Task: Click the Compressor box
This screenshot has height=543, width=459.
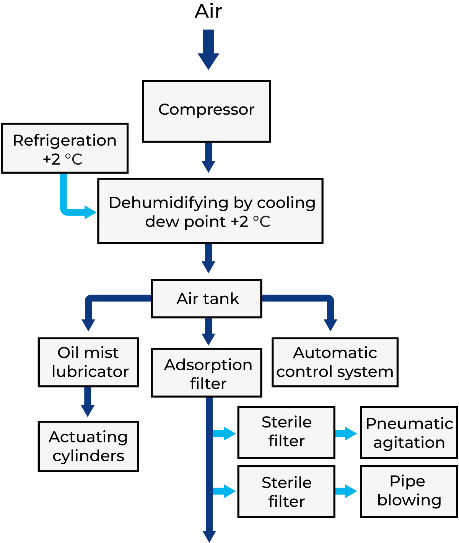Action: (206, 111)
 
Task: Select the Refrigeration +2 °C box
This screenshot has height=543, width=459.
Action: (65, 148)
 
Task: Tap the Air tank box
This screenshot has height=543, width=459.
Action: (207, 299)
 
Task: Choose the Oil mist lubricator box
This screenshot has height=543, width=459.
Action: (88, 362)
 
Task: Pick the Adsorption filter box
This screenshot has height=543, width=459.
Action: (207, 373)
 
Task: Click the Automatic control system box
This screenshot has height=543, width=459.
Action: (335, 362)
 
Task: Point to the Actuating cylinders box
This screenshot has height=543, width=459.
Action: (88, 446)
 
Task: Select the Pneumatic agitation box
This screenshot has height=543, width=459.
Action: (409, 433)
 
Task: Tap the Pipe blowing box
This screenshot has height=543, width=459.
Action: (409, 491)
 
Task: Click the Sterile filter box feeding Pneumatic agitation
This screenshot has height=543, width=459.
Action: (286, 433)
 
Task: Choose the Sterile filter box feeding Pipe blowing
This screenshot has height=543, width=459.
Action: (286, 491)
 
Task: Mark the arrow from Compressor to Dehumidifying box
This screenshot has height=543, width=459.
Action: (208, 157)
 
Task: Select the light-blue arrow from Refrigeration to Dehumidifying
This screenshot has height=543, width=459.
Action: (73, 206)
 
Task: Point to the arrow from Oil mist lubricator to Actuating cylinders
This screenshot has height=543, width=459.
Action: (88, 402)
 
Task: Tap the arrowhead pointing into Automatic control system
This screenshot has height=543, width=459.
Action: (330, 325)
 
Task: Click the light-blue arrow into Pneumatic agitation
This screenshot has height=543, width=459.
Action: (346, 433)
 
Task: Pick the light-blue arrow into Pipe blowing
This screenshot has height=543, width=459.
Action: (346, 491)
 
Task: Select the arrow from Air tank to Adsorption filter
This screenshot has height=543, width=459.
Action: (208, 332)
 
